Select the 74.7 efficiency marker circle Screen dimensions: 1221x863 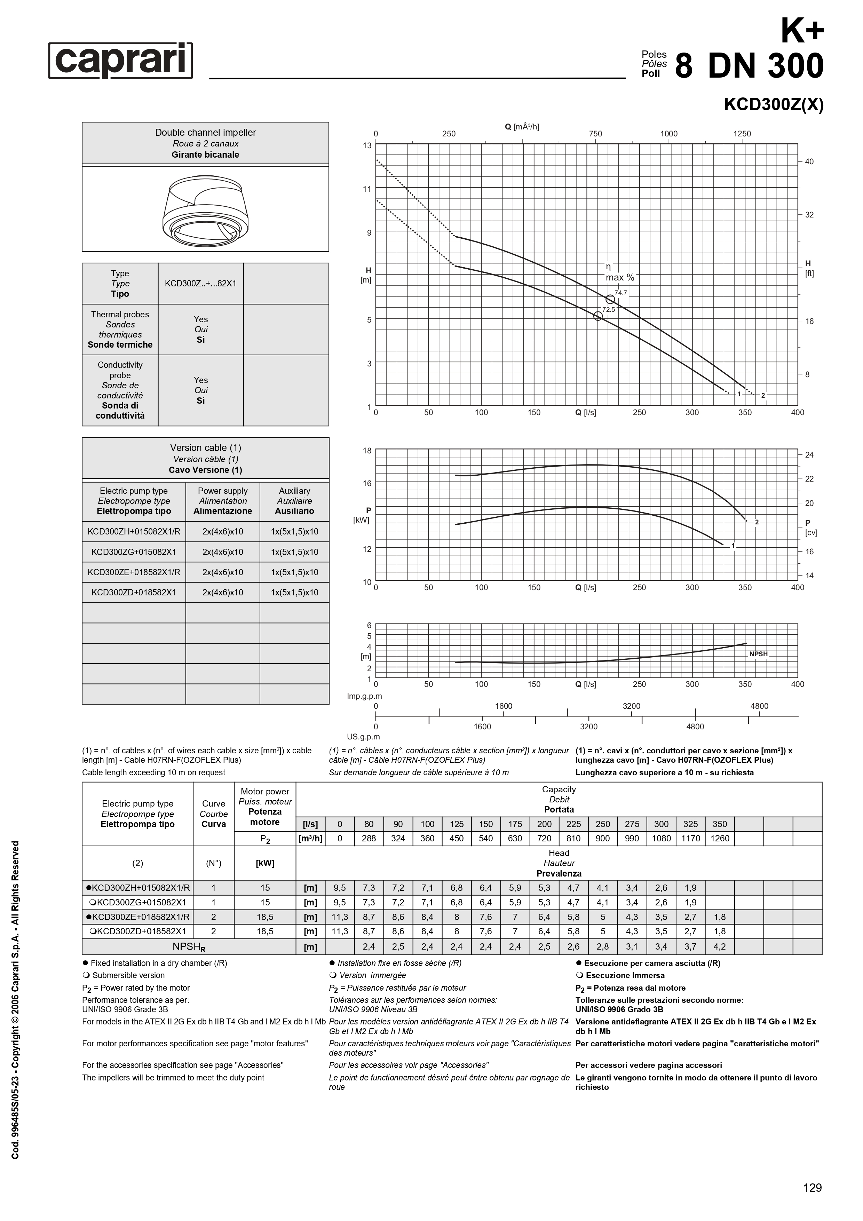(610, 299)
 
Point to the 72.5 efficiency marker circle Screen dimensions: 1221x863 (598, 316)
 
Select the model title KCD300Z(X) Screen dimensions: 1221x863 (773, 105)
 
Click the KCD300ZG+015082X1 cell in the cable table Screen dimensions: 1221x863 (134, 552)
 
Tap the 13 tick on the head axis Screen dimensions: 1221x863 (367, 145)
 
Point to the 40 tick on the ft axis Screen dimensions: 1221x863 (809, 162)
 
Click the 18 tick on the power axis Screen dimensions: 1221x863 (367, 450)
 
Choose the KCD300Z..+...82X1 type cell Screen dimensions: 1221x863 (200, 284)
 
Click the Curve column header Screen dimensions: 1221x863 (214, 814)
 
